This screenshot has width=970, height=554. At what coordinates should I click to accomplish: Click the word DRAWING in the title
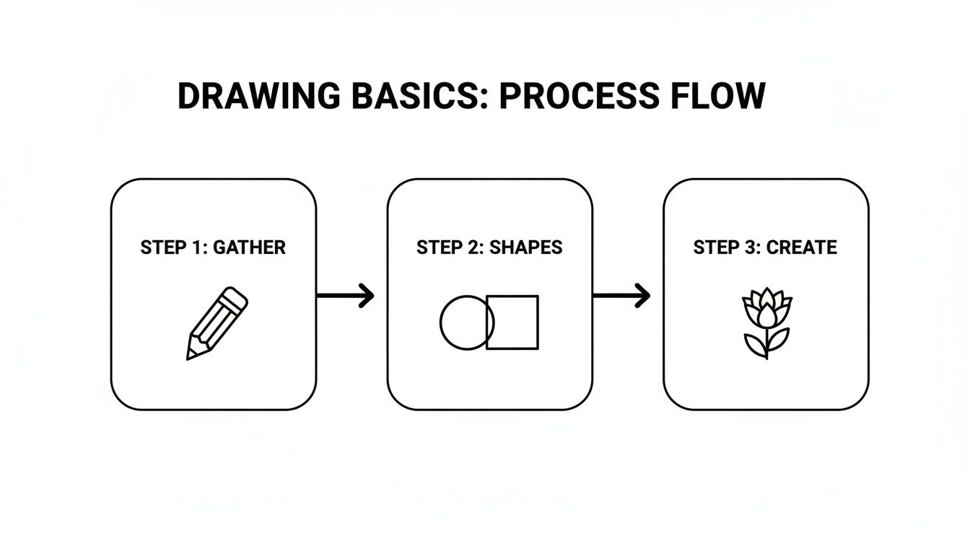[259, 96]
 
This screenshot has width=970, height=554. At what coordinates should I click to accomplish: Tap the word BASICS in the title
[420, 96]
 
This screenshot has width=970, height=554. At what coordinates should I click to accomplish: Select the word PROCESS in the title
[580, 96]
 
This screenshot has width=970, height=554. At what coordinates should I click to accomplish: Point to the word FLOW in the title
[718, 96]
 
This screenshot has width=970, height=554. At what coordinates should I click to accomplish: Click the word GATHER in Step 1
[250, 247]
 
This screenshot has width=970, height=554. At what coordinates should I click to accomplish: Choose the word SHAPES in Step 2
[525, 247]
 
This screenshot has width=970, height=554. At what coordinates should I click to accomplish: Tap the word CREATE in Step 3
[802, 247]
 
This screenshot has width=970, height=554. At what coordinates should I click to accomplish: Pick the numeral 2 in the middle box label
[472, 247]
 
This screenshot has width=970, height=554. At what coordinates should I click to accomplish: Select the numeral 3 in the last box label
[748, 247]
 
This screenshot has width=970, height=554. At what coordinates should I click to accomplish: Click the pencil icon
[217, 323]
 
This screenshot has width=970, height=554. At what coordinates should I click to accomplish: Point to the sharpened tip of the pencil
[188, 359]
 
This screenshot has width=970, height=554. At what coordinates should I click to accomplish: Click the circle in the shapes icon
[440, 322]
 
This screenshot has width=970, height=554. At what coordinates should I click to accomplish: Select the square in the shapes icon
[538, 322]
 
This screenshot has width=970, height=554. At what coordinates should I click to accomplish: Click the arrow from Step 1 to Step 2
[345, 296]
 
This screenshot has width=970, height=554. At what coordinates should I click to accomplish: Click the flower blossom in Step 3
[767, 307]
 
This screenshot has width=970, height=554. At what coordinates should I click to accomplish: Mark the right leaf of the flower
[778, 340]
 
